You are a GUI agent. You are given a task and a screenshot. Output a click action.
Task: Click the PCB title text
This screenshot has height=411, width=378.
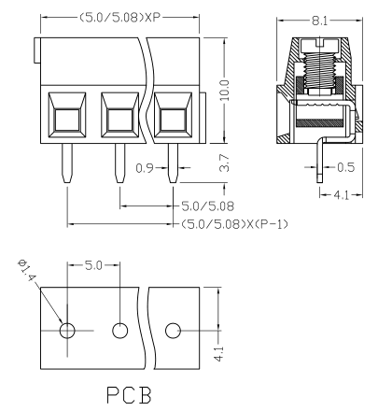129,395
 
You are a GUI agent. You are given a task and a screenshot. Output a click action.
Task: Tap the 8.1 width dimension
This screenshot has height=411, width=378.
319,21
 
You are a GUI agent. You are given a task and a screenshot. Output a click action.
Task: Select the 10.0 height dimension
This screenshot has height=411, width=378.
224,91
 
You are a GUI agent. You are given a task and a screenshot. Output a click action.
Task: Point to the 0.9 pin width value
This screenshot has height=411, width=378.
145,168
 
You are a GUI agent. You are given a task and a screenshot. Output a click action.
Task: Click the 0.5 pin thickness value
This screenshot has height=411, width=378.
345,167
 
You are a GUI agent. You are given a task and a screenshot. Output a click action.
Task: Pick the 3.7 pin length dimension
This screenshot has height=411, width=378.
224,163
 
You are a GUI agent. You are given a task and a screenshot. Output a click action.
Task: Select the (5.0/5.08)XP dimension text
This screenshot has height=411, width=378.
120,17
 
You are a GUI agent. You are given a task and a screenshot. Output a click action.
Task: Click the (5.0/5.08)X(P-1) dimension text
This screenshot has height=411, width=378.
234,224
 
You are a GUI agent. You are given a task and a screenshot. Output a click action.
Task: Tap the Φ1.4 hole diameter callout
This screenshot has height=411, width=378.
26,270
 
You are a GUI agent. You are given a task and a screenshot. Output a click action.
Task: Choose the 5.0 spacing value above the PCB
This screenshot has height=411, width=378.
93,265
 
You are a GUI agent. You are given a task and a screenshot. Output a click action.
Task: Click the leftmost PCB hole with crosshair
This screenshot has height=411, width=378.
67,331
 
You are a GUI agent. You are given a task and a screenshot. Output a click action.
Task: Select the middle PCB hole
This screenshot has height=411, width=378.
120,331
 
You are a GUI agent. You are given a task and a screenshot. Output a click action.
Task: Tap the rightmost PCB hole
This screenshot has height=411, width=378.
173,331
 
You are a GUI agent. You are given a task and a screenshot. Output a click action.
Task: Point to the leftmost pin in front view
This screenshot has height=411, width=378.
67,163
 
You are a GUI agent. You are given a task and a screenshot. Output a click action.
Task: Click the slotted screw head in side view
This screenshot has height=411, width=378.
319,45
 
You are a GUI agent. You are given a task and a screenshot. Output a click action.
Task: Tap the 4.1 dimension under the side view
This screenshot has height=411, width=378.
341,195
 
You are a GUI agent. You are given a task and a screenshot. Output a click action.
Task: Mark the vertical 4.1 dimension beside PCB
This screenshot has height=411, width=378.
219,353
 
